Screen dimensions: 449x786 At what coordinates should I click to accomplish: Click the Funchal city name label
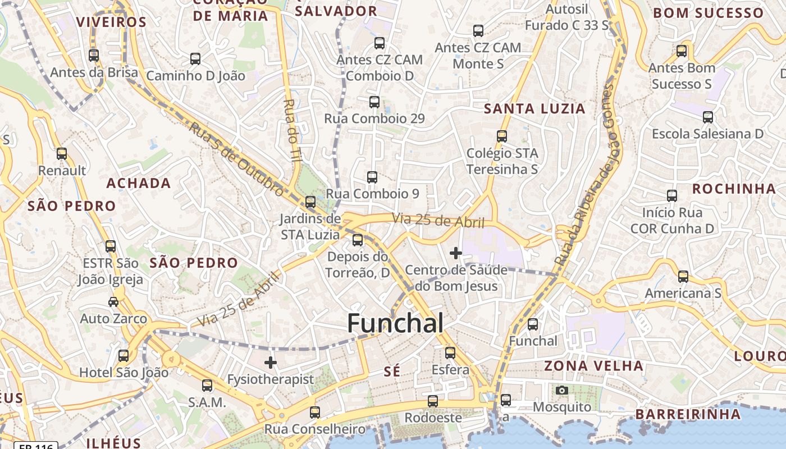click(395, 323)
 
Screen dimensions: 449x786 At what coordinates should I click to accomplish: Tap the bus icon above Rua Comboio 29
click(374, 102)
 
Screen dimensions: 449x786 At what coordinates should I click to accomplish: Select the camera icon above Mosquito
click(561, 390)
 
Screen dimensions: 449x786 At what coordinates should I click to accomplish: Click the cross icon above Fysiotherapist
click(271, 363)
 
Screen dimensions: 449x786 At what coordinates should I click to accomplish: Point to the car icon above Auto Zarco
click(113, 302)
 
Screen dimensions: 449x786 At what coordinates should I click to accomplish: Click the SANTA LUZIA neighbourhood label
click(534, 108)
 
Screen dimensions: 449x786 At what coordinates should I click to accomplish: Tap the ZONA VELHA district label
click(594, 366)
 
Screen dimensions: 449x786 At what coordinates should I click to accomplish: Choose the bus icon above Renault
click(62, 154)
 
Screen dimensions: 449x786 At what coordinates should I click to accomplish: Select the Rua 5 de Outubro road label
click(236, 159)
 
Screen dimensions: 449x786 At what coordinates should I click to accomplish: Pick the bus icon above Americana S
click(683, 276)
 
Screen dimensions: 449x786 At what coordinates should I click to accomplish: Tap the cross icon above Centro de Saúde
click(455, 253)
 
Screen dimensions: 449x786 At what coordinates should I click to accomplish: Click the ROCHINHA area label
click(733, 189)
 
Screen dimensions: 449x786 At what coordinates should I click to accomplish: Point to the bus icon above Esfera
click(450, 353)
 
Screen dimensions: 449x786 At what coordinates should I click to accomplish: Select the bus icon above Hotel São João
click(124, 355)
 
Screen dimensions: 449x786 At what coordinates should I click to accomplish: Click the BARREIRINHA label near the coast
click(688, 414)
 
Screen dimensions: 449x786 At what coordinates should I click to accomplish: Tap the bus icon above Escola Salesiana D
click(708, 117)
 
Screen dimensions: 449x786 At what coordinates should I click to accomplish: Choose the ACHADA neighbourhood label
click(139, 183)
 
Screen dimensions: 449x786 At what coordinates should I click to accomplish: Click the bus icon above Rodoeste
click(433, 401)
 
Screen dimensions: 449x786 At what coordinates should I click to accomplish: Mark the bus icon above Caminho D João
click(195, 58)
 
